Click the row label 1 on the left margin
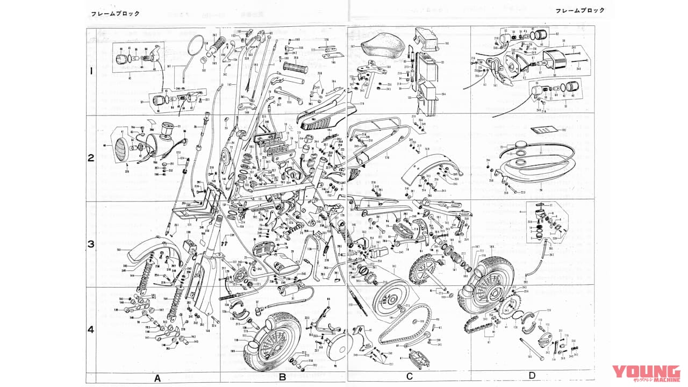click(91, 71)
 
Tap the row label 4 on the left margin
click(91, 329)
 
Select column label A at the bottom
click(157, 377)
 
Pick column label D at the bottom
click(532, 375)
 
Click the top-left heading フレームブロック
click(114, 13)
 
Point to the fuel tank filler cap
click(520, 145)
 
